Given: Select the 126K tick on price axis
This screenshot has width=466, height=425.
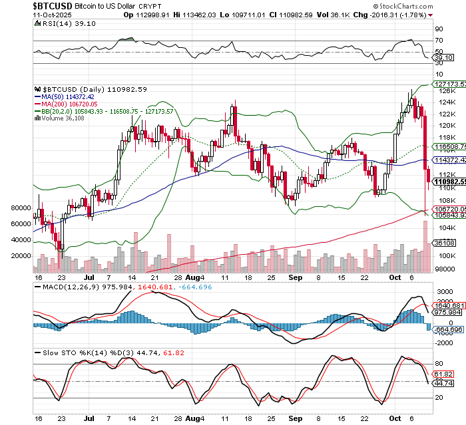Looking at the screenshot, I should tap(441, 91).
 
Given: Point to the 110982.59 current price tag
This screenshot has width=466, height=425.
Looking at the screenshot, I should tap(448, 182).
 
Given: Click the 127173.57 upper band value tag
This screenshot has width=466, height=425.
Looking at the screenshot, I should tap(448, 84).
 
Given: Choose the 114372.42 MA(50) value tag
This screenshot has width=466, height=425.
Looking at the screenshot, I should tap(448, 160).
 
